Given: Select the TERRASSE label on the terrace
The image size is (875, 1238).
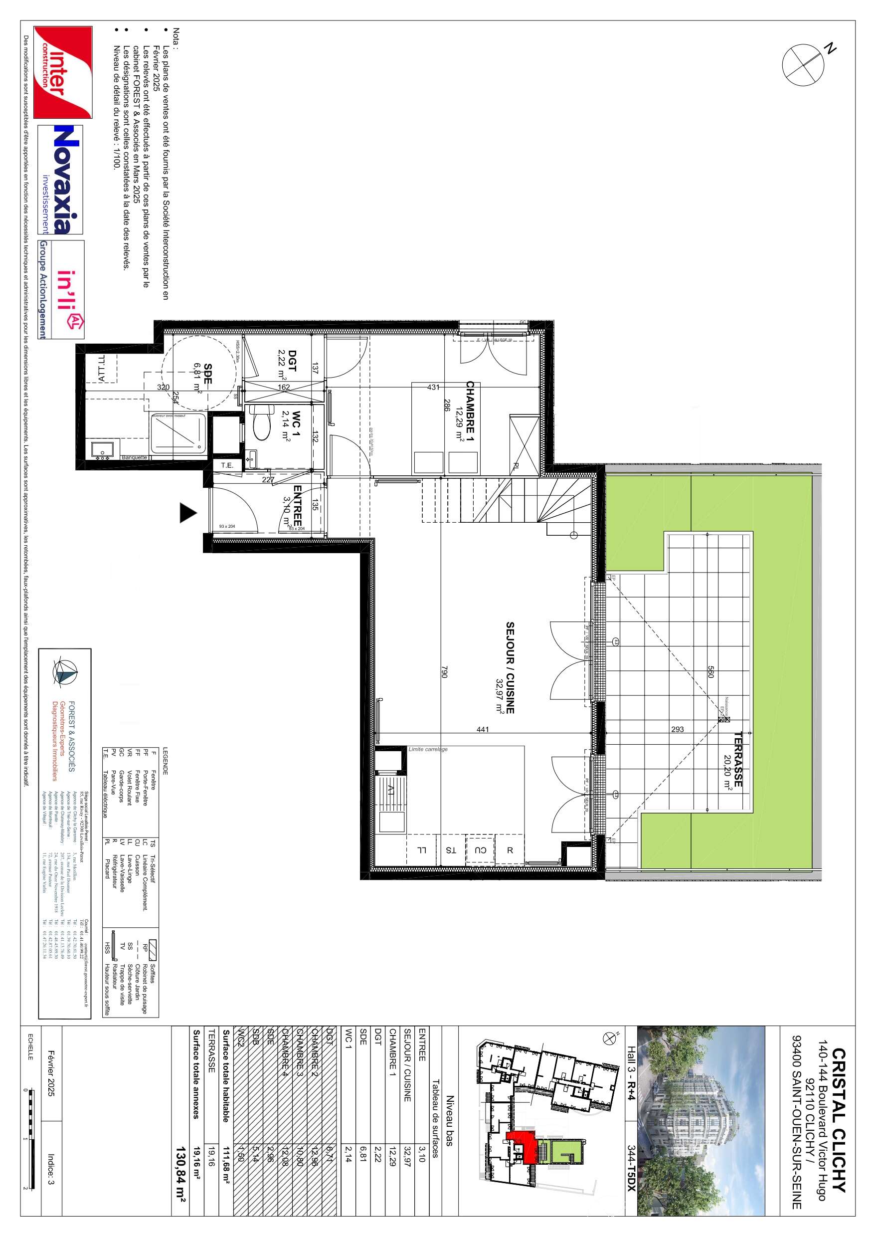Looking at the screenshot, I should click(737, 759).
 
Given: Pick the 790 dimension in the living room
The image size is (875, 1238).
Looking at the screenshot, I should click(445, 672).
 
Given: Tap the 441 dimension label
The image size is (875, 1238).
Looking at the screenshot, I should click(483, 730).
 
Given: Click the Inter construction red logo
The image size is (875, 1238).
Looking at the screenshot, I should click(63, 72).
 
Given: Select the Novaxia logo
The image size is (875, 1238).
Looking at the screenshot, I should click(60, 180).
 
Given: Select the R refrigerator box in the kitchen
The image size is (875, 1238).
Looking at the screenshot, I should click(510, 850).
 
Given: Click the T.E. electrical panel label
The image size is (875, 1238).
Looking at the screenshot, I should click(227, 465).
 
